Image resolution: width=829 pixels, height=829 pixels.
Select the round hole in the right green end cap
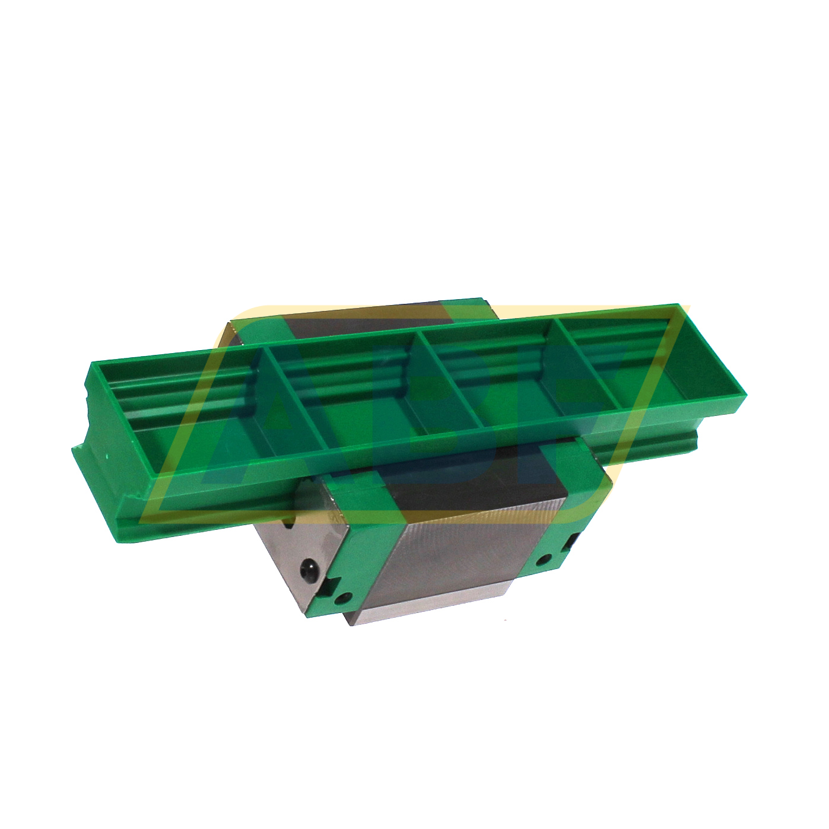point(542,558)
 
